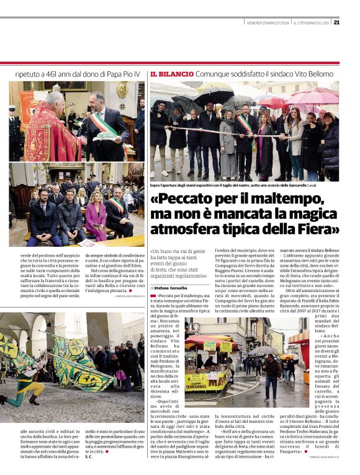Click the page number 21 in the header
tap(336, 23)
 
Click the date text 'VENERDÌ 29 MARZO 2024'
tap(269, 23)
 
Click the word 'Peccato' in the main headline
tap(189, 201)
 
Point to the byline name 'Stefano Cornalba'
tap(176, 288)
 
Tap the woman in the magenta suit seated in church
tap(96, 213)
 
